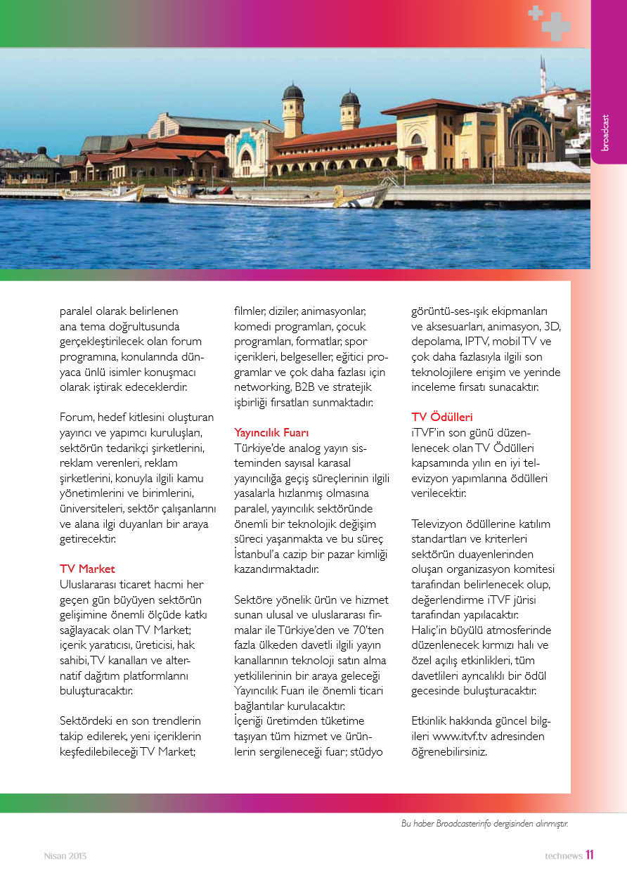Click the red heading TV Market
tap(87, 569)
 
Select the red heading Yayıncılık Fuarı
tap(271, 432)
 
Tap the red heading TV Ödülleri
tap(442, 417)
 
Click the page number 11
tap(590, 855)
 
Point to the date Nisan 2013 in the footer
tap(65, 856)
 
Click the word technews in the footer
tap(562, 856)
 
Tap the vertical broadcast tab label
tap(606, 132)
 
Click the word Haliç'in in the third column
tap(431, 630)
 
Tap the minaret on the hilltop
tap(543, 74)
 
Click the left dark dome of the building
tap(293, 92)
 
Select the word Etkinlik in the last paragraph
tap(432, 721)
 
